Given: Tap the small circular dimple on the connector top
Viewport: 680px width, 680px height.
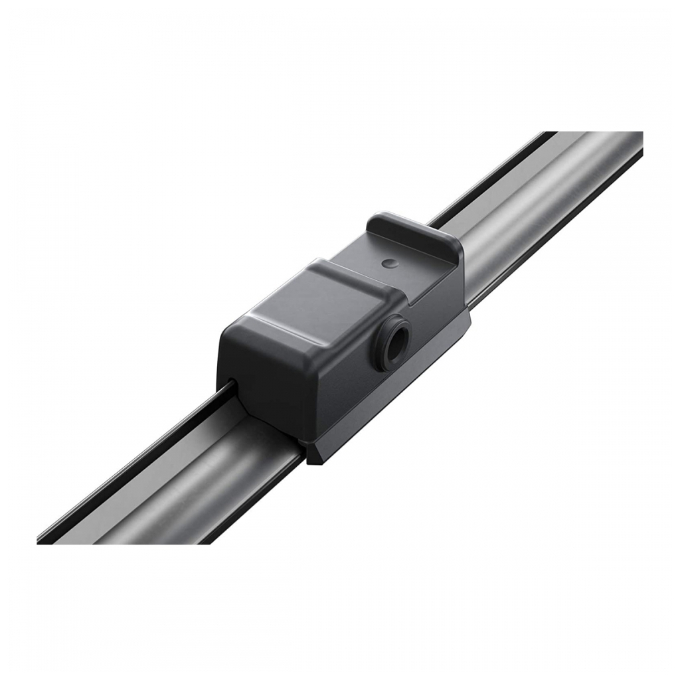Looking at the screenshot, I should [x=388, y=263].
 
